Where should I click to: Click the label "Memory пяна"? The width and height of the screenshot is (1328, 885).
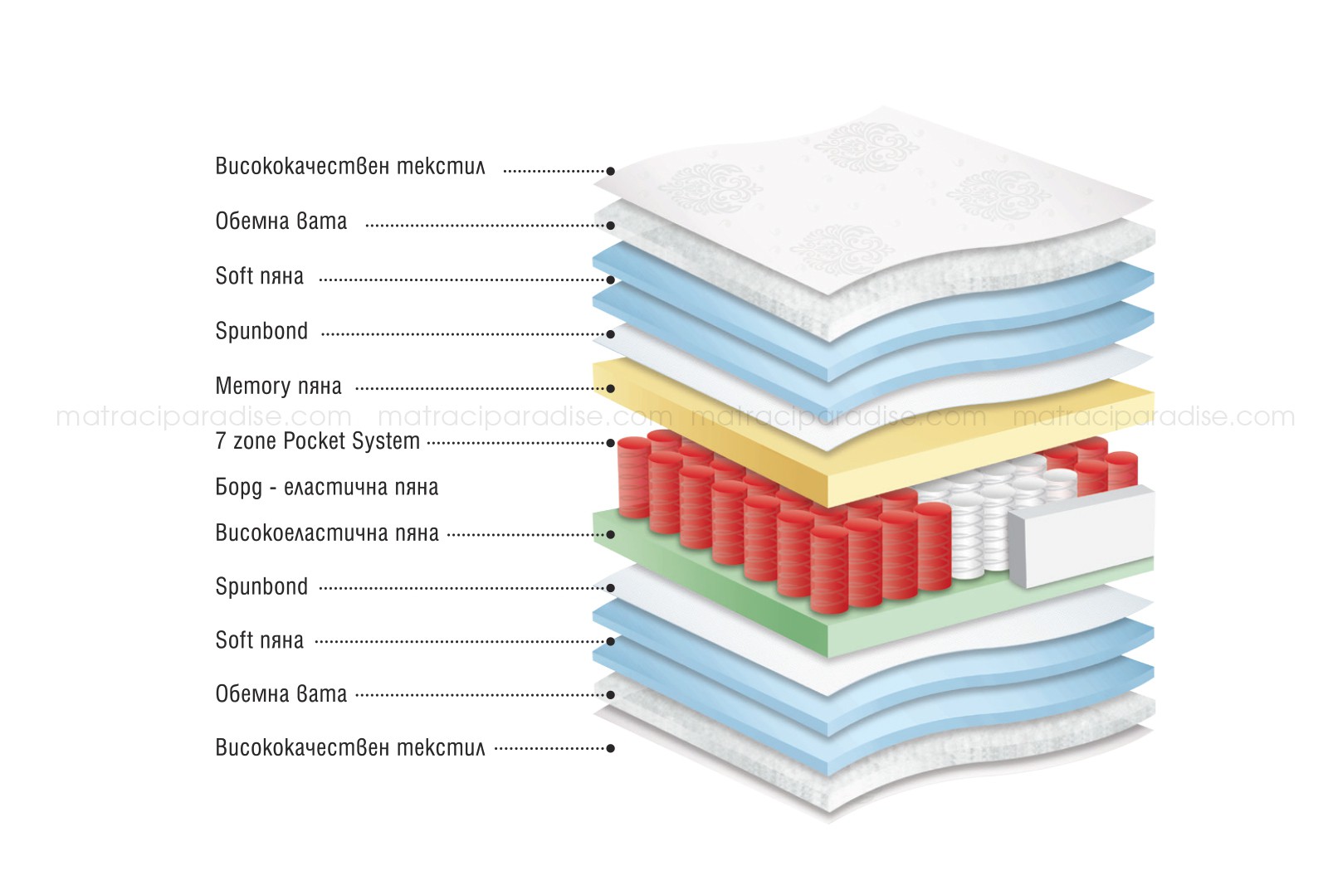278,387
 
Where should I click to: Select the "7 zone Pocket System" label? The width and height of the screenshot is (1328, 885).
317,441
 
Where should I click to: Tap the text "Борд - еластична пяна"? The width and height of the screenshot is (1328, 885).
326,487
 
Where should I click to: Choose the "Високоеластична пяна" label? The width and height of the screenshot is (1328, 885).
326,532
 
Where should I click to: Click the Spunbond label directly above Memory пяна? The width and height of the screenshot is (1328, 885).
261,332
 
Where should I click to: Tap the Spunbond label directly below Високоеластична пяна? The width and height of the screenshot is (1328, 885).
261,587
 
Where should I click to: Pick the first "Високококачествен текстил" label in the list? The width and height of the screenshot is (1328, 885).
349,167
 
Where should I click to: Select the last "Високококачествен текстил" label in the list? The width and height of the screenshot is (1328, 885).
349,748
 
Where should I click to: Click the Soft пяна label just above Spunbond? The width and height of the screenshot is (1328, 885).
259,276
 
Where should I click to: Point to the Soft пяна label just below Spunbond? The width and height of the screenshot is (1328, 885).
259,640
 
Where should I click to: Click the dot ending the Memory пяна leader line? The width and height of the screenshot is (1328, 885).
611,388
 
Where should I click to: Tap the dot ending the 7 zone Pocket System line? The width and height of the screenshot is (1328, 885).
611,443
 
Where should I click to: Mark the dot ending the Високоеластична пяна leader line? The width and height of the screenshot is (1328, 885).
611,534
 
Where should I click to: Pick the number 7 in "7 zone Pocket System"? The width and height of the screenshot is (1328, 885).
220,441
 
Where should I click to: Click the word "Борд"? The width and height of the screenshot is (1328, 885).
239,488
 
